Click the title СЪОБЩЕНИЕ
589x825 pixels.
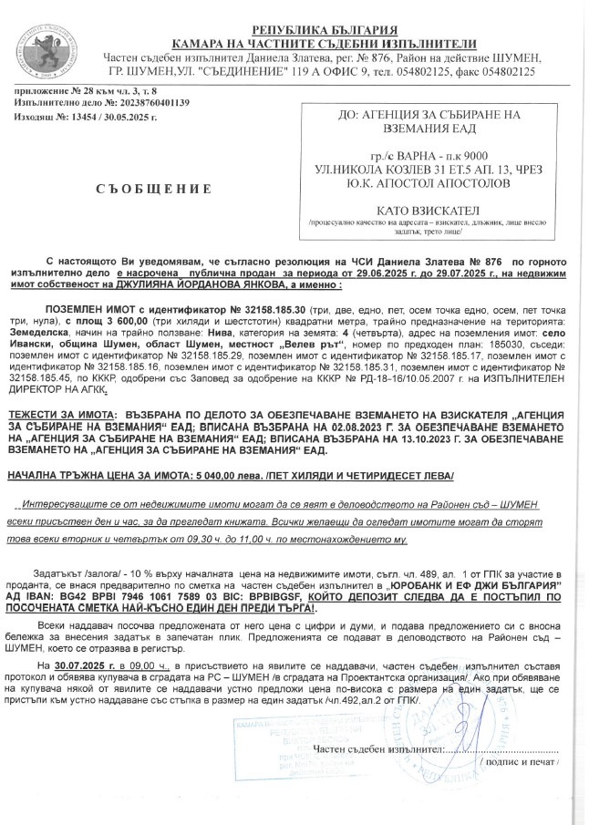[153, 189]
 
